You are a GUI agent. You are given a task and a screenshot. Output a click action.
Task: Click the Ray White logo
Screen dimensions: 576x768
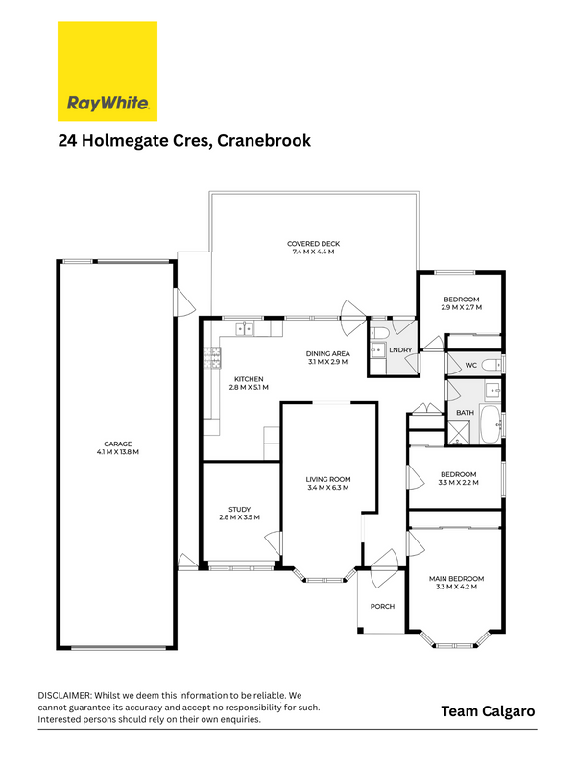108,71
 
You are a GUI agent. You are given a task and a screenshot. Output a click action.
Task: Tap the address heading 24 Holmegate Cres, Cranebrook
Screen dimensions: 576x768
184,140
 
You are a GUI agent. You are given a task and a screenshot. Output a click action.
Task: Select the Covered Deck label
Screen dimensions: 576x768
314,244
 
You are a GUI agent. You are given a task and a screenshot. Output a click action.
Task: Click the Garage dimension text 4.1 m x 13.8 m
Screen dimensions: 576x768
118,452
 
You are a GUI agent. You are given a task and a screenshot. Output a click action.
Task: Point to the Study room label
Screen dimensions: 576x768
239,510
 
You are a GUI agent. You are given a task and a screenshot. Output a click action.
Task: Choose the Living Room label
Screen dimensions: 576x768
328,479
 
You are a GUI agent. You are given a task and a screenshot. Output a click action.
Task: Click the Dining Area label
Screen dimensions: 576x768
328,353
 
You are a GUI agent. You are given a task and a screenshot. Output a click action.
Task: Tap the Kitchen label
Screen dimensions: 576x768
249,379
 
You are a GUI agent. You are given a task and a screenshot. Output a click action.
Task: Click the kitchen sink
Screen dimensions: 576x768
245,329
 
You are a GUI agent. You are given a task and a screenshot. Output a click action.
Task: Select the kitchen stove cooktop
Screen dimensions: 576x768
212,357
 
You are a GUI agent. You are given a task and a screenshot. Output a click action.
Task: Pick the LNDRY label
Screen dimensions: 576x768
400,350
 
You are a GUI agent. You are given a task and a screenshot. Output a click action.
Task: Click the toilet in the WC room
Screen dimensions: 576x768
491,365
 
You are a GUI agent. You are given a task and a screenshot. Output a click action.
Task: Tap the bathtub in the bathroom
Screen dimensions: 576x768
491,423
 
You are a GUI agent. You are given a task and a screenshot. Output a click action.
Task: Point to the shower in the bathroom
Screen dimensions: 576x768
459,433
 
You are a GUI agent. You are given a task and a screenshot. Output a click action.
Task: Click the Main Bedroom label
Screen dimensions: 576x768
457,579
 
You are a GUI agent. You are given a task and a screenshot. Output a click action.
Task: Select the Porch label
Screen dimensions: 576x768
382,607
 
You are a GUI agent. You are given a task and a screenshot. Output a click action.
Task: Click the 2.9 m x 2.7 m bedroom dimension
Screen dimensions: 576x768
462,307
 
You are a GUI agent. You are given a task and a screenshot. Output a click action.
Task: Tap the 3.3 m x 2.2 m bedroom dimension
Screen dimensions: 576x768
459,483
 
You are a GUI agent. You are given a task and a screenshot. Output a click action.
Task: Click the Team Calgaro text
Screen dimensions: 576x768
488,711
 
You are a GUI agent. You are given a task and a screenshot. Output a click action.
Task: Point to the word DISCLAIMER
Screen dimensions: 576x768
64,695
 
